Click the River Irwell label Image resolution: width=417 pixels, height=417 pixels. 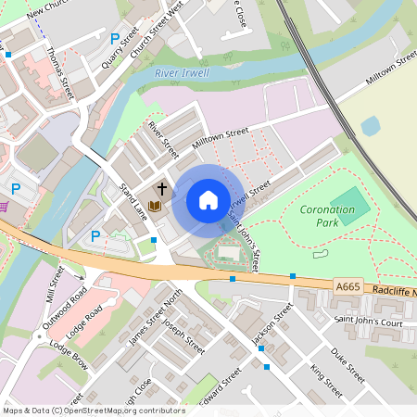tap(183, 73)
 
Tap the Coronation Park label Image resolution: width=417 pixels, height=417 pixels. tap(328, 216)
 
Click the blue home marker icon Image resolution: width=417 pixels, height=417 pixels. tap(208, 200)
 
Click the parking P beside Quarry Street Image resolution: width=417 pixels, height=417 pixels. tap(115, 39)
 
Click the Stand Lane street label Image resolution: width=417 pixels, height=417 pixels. tap(133, 201)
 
